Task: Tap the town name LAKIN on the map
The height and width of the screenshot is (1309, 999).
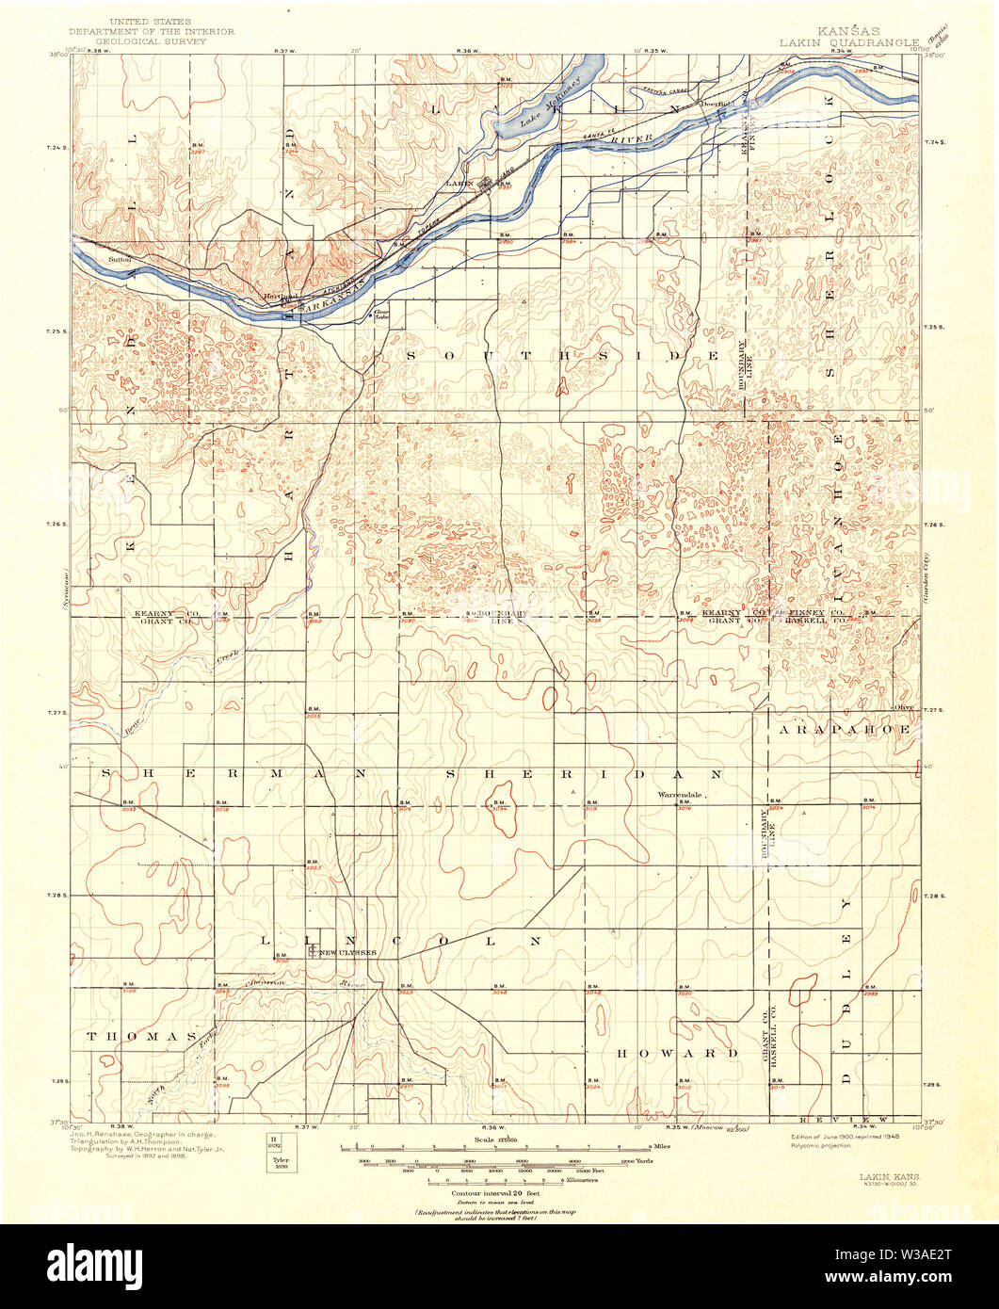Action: coord(459,182)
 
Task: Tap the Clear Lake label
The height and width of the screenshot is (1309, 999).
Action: coord(381,315)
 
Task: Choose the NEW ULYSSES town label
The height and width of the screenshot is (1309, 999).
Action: coord(347,953)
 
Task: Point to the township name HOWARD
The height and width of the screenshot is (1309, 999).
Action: coord(677,1053)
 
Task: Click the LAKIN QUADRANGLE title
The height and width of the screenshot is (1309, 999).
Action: coord(847,42)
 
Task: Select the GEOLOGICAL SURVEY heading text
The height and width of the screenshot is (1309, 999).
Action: coord(150,42)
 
